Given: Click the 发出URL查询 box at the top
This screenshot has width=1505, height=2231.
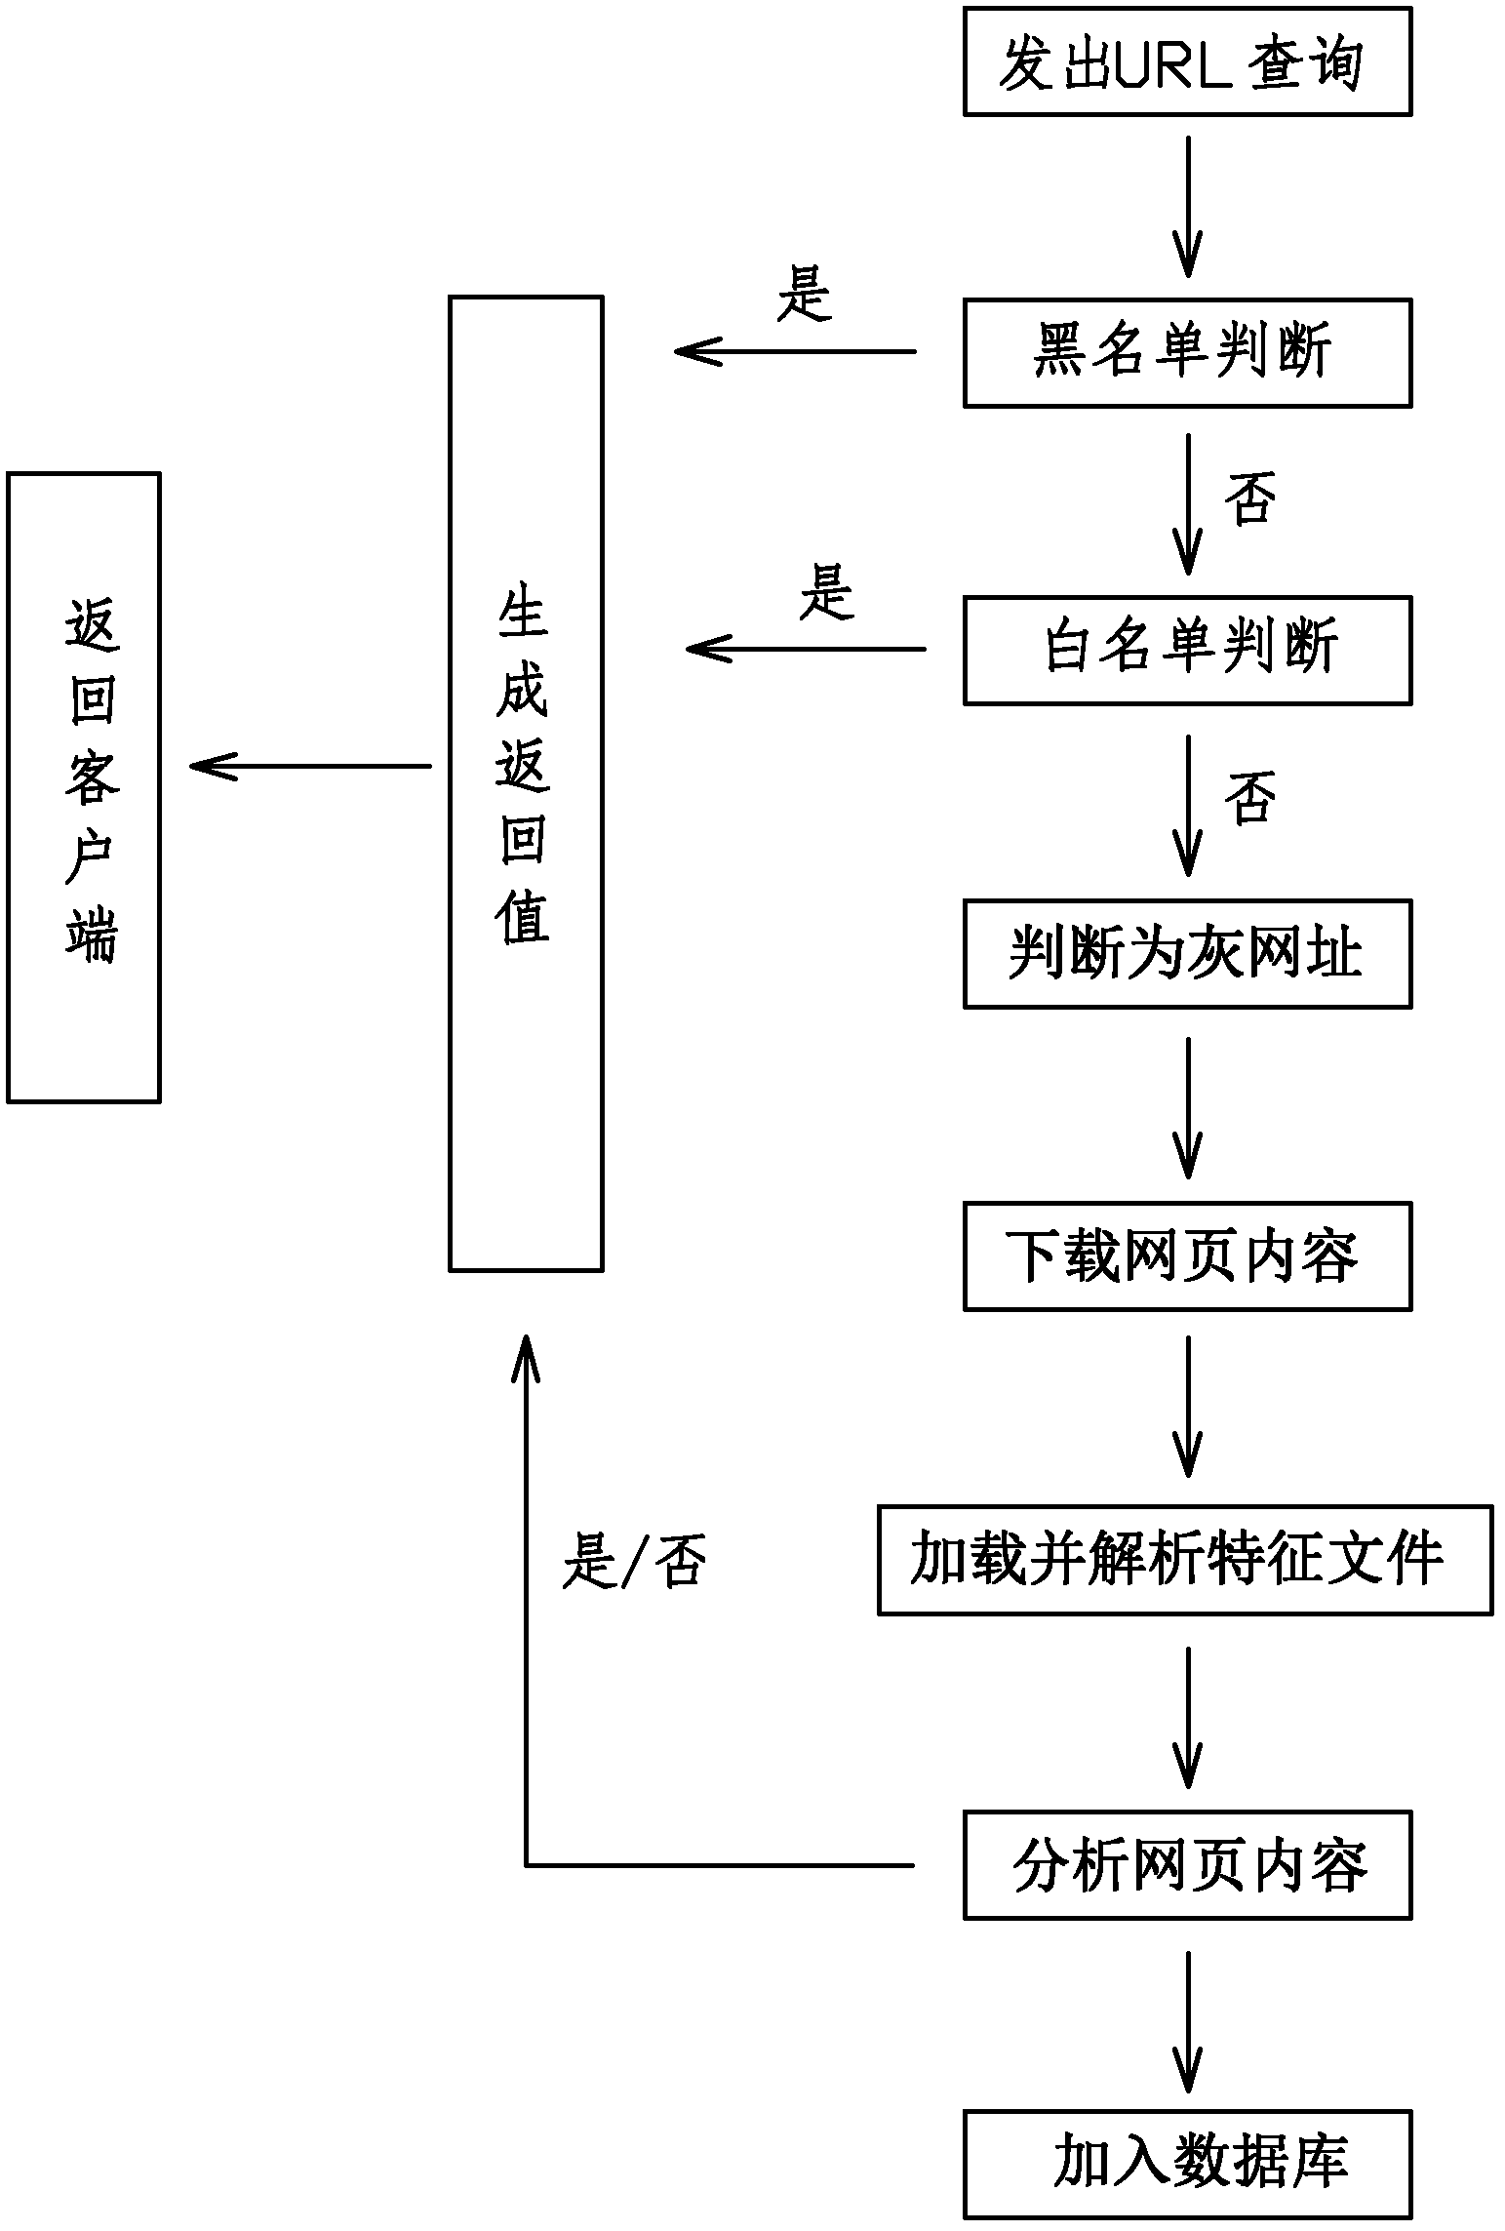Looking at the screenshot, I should pos(1187,62).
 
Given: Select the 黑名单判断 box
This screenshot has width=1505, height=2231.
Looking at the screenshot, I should pos(1187,353).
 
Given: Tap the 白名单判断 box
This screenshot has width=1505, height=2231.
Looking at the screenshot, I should pos(1187,651).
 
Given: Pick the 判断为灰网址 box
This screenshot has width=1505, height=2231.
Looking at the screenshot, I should pos(1187,953).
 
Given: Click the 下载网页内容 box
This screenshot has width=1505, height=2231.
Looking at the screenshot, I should pos(1187,1256).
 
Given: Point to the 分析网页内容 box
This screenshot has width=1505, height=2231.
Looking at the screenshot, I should pos(1187,1865).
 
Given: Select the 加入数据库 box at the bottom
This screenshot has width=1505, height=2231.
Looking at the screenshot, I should pos(1187,2164).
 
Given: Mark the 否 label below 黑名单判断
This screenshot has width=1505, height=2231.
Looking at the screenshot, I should pos(1249,498).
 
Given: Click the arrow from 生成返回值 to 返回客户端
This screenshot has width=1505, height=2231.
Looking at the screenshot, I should pos(310,766).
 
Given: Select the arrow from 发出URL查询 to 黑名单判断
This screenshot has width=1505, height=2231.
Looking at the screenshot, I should pos(1187,207).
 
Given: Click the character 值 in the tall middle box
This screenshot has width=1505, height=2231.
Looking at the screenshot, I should pos(523,917).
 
